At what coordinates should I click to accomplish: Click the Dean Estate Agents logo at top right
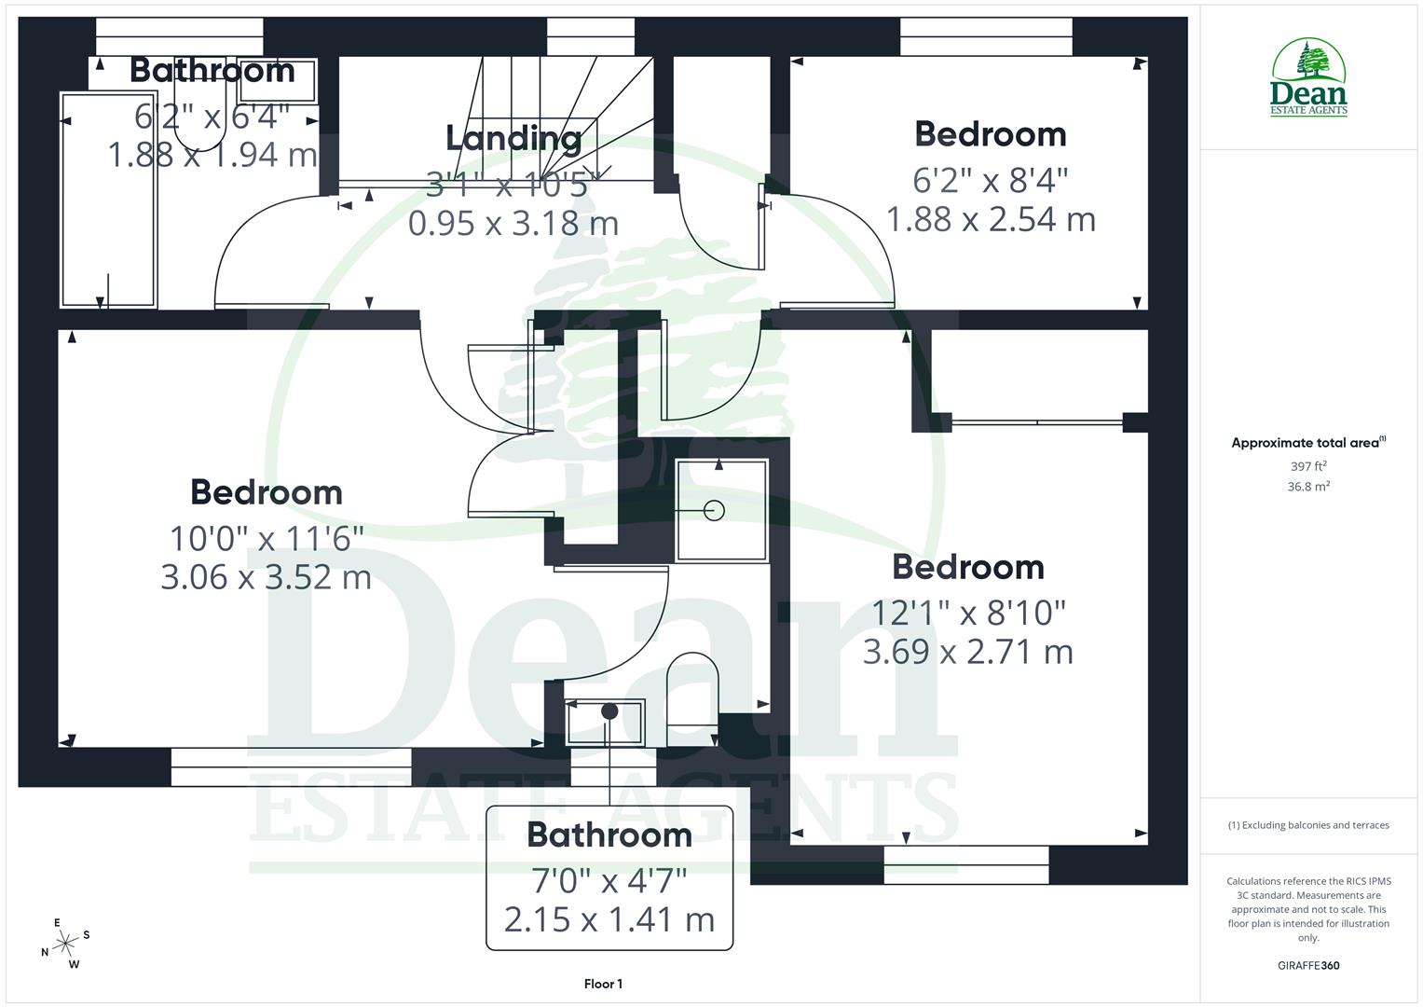coord(1308,77)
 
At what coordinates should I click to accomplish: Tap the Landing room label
coord(513,138)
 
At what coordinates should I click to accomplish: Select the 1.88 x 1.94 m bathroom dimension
coord(212,155)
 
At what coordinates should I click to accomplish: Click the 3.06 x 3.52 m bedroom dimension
coord(266,577)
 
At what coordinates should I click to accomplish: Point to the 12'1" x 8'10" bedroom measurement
coord(968,613)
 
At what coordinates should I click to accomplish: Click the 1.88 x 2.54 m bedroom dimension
coord(990,220)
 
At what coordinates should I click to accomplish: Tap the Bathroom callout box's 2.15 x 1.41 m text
coord(609,919)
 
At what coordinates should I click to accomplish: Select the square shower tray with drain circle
coord(720,510)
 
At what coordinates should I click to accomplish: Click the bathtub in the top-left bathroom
coord(108,200)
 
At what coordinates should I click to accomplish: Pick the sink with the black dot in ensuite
coord(605,721)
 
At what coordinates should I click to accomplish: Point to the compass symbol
coord(65,944)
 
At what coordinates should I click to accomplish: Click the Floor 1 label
coord(603,984)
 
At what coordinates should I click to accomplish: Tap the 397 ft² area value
coord(1308,466)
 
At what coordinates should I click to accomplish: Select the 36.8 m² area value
coord(1308,486)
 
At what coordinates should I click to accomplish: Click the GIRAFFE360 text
coord(1308,965)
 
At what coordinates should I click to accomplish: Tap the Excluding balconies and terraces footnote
coord(1308,825)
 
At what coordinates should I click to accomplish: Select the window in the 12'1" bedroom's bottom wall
coord(965,864)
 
